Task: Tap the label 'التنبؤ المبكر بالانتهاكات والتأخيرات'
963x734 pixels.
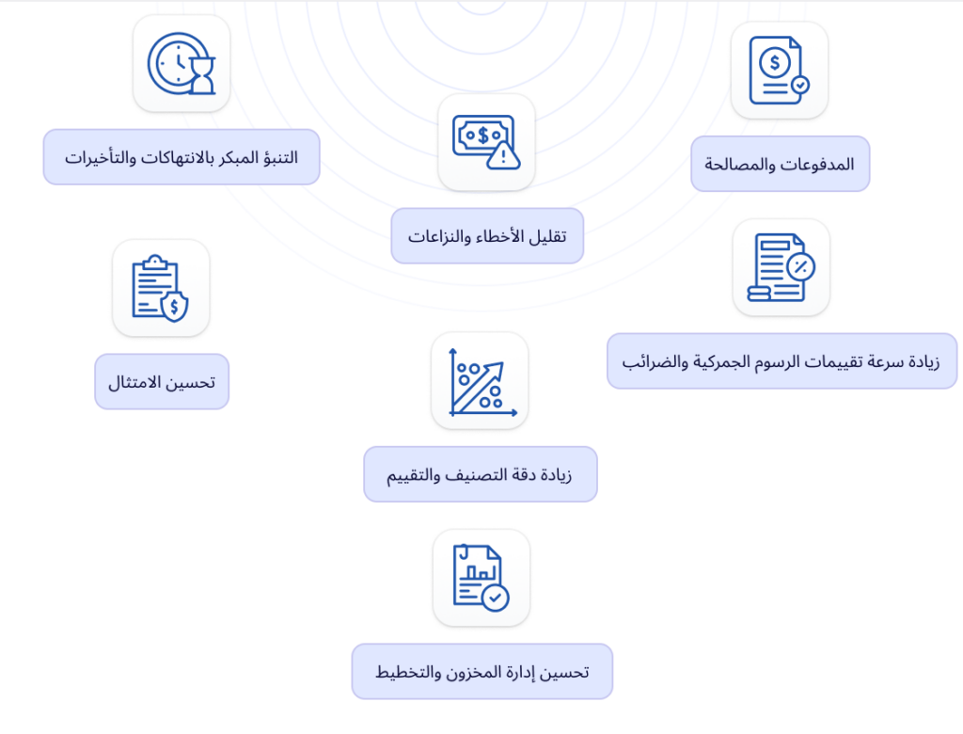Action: click(x=182, y=157)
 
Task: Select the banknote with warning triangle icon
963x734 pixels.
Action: click(x=486, y=142)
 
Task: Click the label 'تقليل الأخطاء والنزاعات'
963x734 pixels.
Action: click(x=487, y=235)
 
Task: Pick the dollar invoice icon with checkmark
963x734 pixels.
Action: click(x=780, y=71)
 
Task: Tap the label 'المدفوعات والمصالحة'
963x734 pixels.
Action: click(x=780, y=164)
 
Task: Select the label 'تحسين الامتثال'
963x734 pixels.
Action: click(x=161, y=382)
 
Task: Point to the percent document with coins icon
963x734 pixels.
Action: click(x=781, y=268)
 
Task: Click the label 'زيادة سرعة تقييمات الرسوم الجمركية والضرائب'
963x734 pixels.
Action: click(x=781, y=360)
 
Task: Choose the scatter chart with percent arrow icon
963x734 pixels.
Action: click(x=478, y=381)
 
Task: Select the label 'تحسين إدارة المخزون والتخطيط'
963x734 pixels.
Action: click(x=481, y=672)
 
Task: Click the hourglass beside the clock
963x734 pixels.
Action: click(x=202, y=76)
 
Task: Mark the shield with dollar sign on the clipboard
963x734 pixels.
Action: click(x=174, y=307)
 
